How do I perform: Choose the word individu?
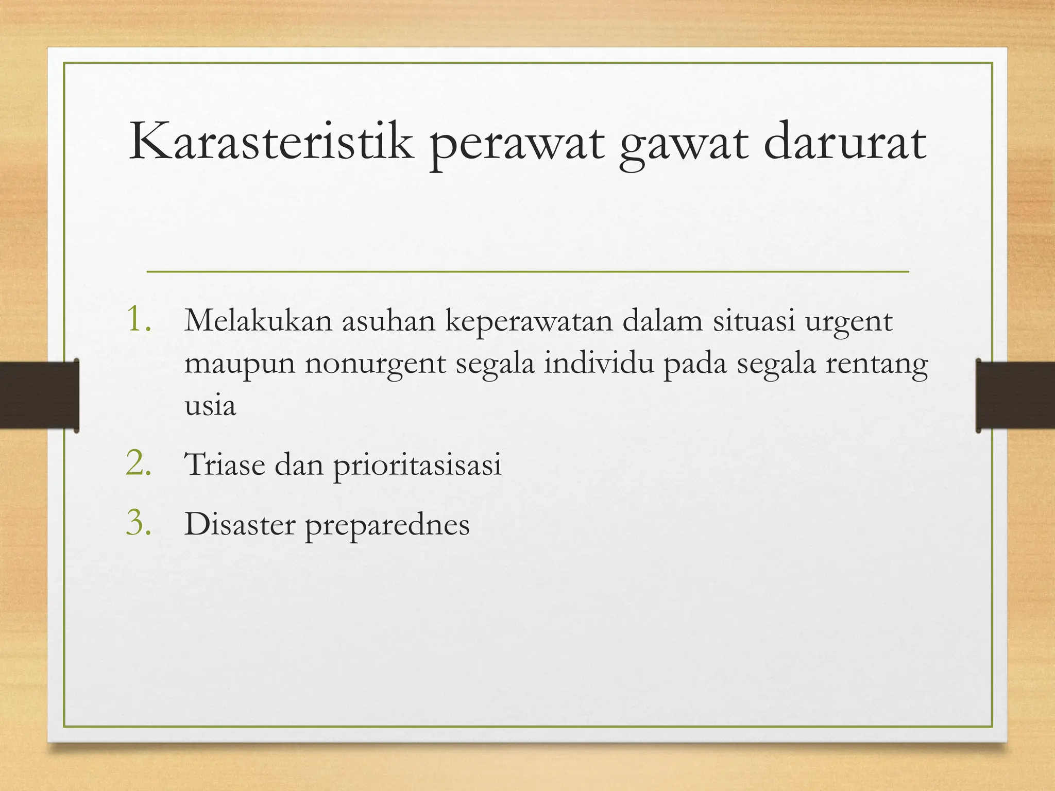point(599,364)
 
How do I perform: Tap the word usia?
point(210,406)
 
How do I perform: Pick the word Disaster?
point(240,525)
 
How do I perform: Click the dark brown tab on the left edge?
point(39,395)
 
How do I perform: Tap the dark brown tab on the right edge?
point(1015,395)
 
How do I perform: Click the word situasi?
point(754,320)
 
